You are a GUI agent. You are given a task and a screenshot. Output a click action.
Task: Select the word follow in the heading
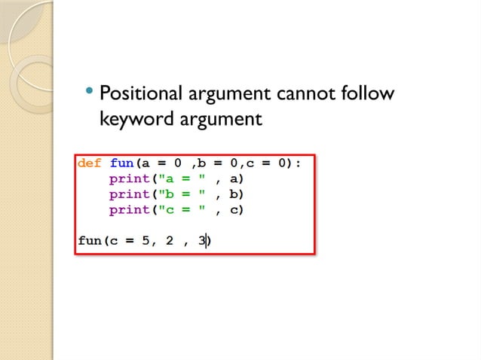pos(366,96)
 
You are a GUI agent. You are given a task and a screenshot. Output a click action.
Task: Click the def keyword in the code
pos(90,163)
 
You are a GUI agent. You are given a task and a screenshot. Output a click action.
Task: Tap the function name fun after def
pos(122,163)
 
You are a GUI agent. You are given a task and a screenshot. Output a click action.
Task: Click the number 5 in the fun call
pos(146,242)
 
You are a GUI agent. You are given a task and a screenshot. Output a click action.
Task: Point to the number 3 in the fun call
pos(201,242)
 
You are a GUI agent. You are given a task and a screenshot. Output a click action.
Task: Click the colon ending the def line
pos(298,163)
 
